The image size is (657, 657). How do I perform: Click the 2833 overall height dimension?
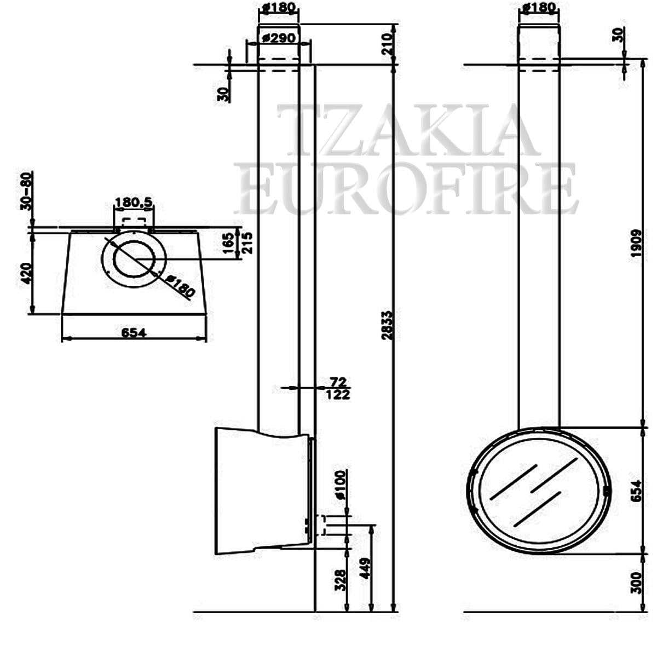click(x=388, y=325)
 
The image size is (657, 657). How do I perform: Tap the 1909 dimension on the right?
click(x=636, y=243)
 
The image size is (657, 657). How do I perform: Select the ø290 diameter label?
click(x=279, y=38)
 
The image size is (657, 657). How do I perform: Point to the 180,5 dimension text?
click(x=134, y=202)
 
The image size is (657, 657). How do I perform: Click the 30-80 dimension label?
click(x=26, y=191)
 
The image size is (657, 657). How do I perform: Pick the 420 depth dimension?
click(x=26, y=274)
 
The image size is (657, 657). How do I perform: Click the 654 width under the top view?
click(x=134, y=332)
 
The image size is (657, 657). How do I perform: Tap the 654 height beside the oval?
click(x=636, y=491)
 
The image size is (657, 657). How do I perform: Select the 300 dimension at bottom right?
click(x=636, y=584)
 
